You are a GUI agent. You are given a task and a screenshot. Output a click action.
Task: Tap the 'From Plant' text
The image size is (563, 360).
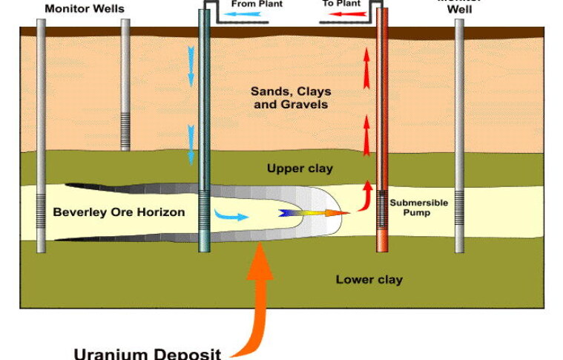(x=257, y=4)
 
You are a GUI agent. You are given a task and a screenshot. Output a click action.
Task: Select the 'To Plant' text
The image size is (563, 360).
(x=340, y=4)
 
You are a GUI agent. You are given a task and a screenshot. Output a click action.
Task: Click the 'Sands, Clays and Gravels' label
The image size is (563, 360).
(x=290, y=98)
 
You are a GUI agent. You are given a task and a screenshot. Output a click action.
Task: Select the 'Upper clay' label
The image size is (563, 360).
(x=300, y=168)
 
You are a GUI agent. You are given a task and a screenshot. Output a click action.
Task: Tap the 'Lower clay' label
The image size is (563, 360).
(x=369, y=280)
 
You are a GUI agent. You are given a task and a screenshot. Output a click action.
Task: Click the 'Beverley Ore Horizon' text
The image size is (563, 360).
(x=119, y=212)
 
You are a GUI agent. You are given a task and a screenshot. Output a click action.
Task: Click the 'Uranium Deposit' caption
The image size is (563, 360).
(x=147, y=353)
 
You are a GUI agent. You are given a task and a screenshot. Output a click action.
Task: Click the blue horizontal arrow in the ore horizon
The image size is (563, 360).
(x=231, y=215)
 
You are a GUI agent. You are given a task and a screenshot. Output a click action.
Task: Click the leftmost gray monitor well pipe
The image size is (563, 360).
(x=41, y=134)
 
